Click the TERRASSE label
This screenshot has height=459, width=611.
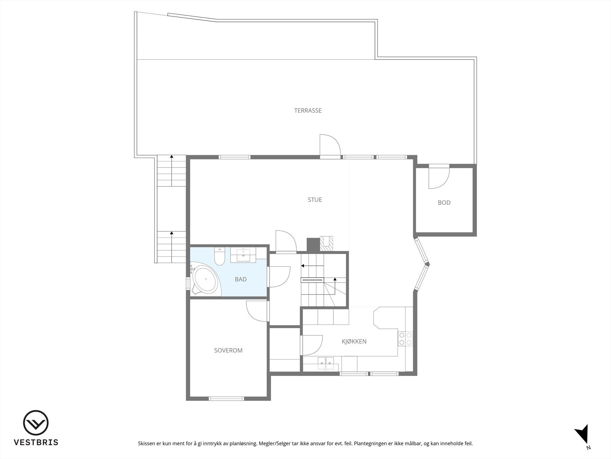pos(308,111)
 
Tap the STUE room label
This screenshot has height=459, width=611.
pos(315,200)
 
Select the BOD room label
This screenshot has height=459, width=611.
pos(444,203)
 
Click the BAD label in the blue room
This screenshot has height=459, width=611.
pos(241,280)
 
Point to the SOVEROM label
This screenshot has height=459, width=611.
pos(228,350)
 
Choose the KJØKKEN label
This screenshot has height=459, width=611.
pos(354,342)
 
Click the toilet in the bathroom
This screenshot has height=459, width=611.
pos(220,257)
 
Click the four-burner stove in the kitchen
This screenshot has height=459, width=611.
pos(405,339)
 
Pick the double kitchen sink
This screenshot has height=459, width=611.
pos(326,363)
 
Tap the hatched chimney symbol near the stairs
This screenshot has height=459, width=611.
pos(327,243)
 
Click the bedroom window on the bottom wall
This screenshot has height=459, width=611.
pos(226,398)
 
